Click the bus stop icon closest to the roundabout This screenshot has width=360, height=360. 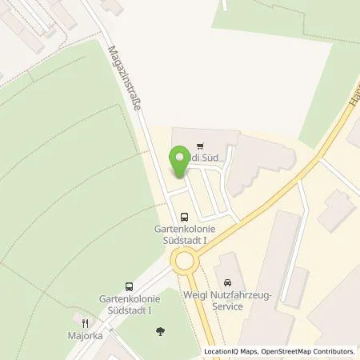coord(185,216)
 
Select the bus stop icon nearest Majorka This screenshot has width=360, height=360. coord(128,286)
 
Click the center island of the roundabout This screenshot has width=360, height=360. coord(185,259)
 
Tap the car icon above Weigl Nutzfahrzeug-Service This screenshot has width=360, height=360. coord(228,283)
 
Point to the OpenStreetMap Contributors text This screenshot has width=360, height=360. coord(309,351)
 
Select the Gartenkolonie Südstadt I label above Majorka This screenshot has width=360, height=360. coord(128,304)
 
